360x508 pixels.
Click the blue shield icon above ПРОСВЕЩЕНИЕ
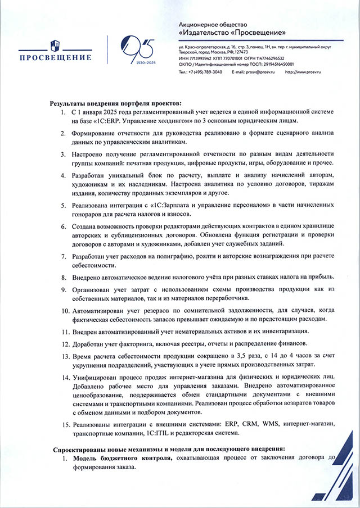point(55,45)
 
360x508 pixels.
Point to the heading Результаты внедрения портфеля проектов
point(116,104)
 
